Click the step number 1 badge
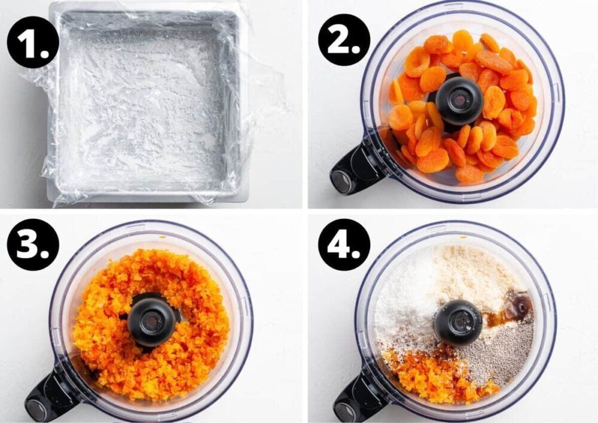[33, 42]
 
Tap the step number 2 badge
[344, 39]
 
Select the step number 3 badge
[33, 245]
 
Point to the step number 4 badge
[344, 245]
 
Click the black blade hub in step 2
[459, 101]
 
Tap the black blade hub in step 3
[151, 319]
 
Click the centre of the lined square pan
[147, 102]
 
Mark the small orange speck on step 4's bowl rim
[463, 238]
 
